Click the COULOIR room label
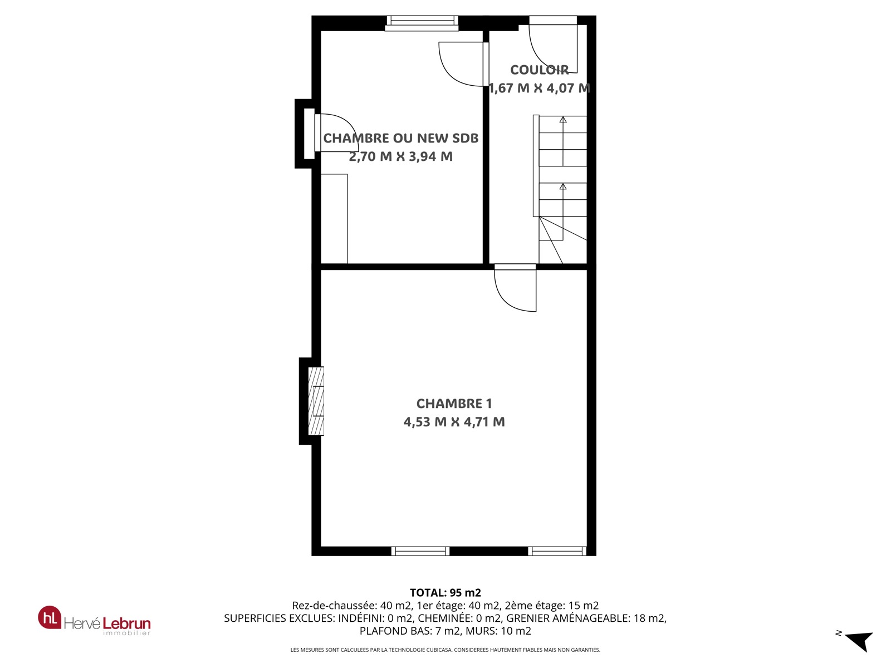pyautogui.click(x=539, y=70)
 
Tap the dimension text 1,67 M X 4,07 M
pyautogui.click(x=539, y=88)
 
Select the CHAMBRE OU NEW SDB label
pyautogui.click(x=400, y=138)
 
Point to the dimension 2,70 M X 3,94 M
pyautogui.click(x=400, y=156)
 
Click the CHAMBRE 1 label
pyautogui.click(x=454, y=404)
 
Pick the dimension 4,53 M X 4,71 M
pyautogui.click(x=454, y=422)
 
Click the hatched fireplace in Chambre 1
pyautogui.click(x=316, y=401)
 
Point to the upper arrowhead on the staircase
pyautogui.click(x=563, y=120)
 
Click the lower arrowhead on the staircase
pyautogui.click(x=563, y=186)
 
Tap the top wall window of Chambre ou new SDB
pyautogui.click(x=422, y=23)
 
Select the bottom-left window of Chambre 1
pyautogui.click(x=420, y=551)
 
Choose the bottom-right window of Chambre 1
pyautogui.click(x=557, y=551)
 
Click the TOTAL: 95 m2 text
pyautogui.click(x=445, y=592)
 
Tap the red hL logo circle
pyautogui.click(x=50, y=617)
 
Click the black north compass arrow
pyautogui.click(x=860, y=641)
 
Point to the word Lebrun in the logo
pyautogui.click(x=126, y=623)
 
